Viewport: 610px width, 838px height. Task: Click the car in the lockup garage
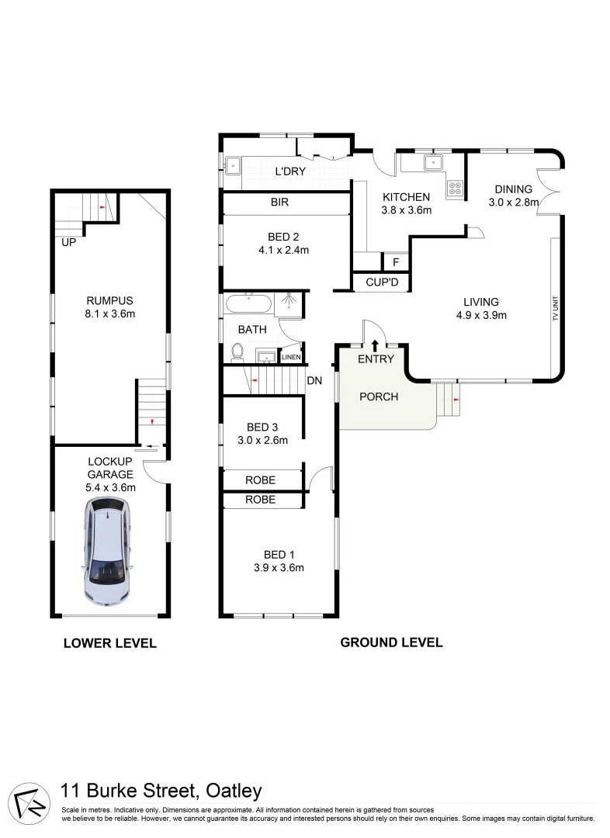click(106, 552)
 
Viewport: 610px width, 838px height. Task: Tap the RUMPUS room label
click(109, 301)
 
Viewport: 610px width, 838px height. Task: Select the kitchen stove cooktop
click(455, 187)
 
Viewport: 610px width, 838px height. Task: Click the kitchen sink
click(432, 163)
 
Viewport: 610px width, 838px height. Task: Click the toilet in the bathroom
click(237, 353)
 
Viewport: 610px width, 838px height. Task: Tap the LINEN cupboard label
click(290, 357)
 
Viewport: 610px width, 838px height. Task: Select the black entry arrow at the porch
click(376, 344)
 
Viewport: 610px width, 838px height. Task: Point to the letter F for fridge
click(395, 262)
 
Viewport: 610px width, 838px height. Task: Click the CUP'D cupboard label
click(381, 282)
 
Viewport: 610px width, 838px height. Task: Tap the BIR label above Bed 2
click(279, 203)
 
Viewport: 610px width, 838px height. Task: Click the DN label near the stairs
click(314, 380)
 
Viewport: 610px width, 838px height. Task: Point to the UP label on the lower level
click(70, 243)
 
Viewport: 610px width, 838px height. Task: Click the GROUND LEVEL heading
click(391, 642)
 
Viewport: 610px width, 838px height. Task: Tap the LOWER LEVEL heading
click(109, 642)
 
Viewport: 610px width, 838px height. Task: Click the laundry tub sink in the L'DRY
click(233, 164)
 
